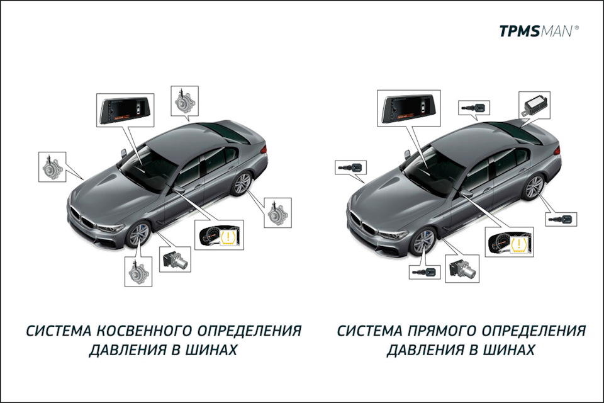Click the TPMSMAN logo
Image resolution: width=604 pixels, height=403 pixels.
(x=539, y=30)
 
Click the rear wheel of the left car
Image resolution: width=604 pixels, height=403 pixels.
(x=241, y=184)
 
